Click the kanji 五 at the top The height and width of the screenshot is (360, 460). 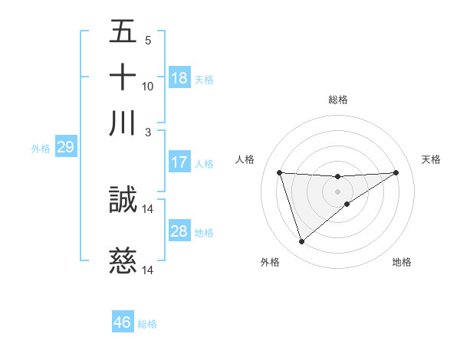(x=123, y=32)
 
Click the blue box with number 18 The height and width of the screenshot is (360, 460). (x=179, y=78)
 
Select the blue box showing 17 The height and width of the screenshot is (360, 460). (x=179, y=162)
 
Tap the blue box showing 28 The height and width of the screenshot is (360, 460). (x=179, y=231)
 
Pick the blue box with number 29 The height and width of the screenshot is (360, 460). (x=65, y=148)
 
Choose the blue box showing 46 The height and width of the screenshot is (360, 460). (x=123, y=322)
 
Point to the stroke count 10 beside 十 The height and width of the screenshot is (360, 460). (x=148, y=86)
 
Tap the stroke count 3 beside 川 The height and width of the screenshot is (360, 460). (x=148, y=132)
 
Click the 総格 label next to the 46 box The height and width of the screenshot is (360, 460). (x=147, y=324)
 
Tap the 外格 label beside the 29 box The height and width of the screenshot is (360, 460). (x=41, y=149)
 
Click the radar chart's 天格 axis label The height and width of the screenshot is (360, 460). (x=431, y=159)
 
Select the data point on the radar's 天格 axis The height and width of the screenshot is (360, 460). (x=396, y=172)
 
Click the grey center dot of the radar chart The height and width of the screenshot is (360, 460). (x=338, y=190)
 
